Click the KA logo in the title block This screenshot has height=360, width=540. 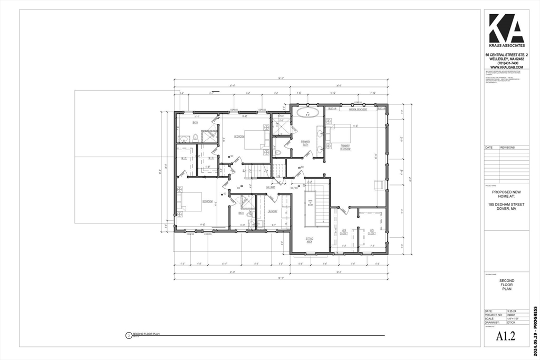point(506,28)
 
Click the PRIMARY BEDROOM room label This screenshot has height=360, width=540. point(345,147)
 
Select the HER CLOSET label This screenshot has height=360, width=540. point(343,232)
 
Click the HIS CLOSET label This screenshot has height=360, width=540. point(371,232)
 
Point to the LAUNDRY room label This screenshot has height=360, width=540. point(272,211)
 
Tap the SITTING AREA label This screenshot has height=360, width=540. point(309,240)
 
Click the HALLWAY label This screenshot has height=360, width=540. point(271,187)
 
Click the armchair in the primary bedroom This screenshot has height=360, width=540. point(378,184)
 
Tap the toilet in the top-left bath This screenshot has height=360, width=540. point(195,138)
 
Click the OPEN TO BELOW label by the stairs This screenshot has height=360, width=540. point(310,203)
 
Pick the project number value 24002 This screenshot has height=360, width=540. point(511,315)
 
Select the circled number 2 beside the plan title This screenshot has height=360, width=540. point(128,335)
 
